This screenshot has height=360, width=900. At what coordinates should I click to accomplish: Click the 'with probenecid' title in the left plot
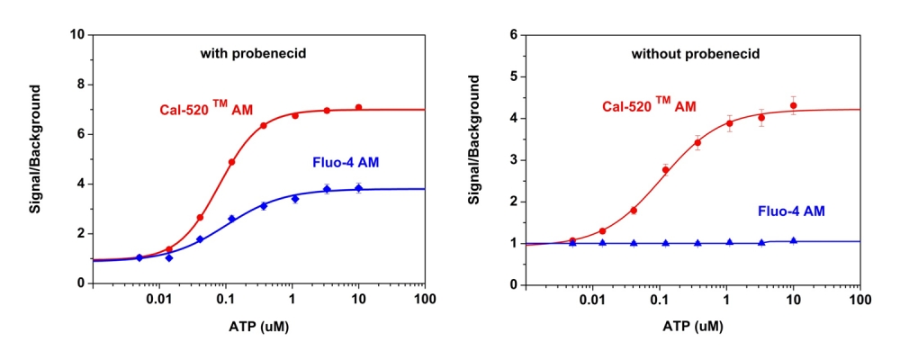tap(253, 54)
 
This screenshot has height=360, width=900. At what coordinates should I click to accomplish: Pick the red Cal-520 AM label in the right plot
tap(648, 106)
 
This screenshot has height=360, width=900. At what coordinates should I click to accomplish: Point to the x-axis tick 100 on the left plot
tap(424, 298)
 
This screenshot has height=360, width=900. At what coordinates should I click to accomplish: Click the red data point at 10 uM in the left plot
tap(358, 107)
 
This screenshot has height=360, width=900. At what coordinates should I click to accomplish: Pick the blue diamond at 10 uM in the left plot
tap(358, 188)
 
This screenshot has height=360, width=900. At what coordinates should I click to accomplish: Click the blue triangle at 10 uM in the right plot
tap(793, 241)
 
